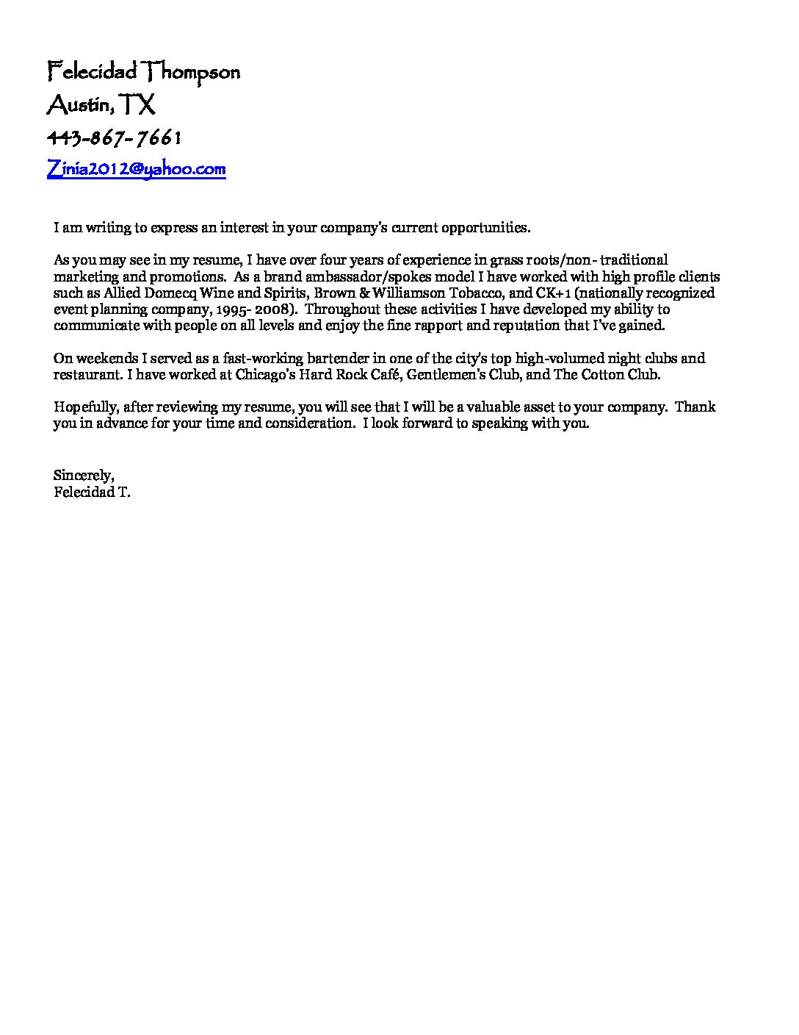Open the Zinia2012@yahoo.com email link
(136, 169)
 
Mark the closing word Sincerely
(83, 476)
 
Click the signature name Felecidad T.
(92, 493)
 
